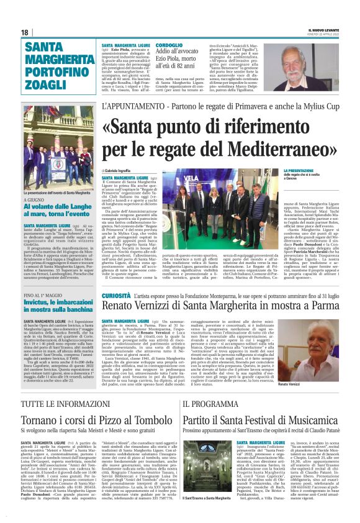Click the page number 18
pyautogui.click(x=25, y=32)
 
